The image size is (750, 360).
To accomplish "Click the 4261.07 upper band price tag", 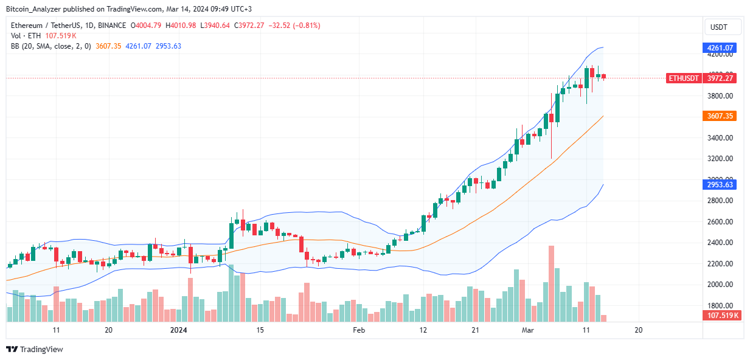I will point(720,47).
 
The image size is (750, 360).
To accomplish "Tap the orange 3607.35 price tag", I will point(720,116).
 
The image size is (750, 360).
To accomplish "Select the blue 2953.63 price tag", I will point(720,185).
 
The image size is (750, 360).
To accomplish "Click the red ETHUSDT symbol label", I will point(683,78).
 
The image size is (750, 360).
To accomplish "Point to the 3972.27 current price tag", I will point(720,78).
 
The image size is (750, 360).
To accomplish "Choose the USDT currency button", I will point(723,27).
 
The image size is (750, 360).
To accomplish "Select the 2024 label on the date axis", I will point(179,330).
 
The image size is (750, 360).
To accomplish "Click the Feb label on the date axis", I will point(359,330).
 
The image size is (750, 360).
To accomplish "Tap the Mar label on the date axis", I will point(527,330).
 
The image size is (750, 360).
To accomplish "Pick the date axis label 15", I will point(260,330).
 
